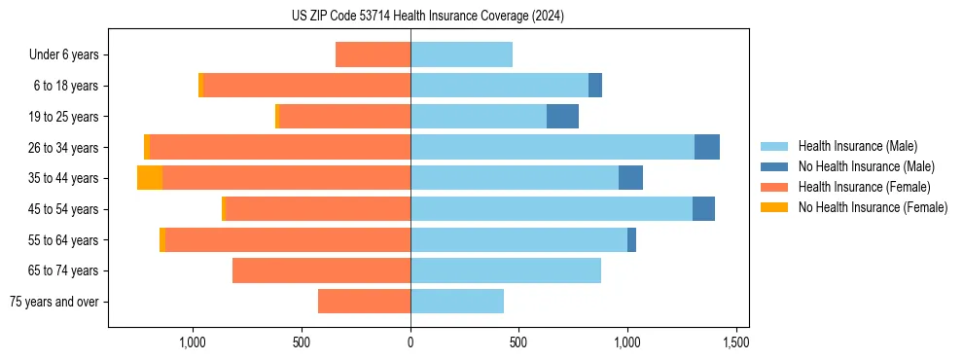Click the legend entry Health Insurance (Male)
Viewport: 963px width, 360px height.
[856, 146]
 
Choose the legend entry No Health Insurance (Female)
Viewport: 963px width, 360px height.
[873, 207]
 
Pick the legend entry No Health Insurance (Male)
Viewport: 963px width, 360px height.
[866, 166]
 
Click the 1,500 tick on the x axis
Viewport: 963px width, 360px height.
[735, 342]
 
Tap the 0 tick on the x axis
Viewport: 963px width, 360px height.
[410, 342]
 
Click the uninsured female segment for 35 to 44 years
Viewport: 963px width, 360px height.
[150, 178]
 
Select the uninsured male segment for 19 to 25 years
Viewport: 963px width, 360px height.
[562, 117]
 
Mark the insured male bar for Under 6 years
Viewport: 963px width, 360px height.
[461, 54]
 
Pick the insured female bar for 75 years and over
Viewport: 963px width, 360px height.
[364, 302]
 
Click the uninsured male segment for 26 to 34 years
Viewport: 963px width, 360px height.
[707, 147]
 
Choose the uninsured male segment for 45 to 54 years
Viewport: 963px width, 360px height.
[703, 209]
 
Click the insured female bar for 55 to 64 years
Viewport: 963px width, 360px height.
[288, 239]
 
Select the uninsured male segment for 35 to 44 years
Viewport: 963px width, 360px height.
[630, 178]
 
